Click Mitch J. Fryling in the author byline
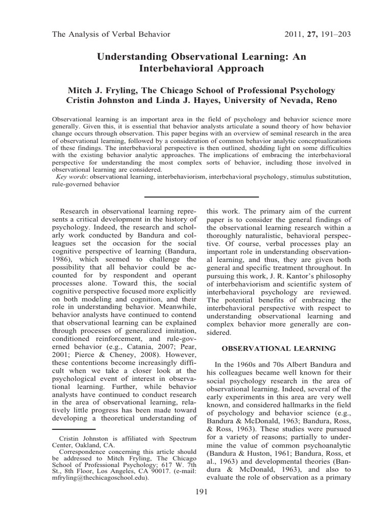pos(105,89)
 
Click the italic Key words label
pos(70,177)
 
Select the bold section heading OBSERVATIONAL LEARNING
pos(278,349)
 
